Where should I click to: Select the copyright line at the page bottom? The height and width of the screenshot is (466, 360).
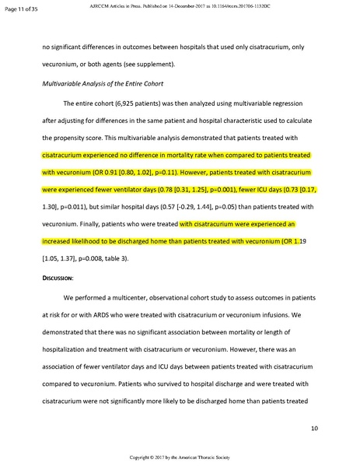[180, 459]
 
